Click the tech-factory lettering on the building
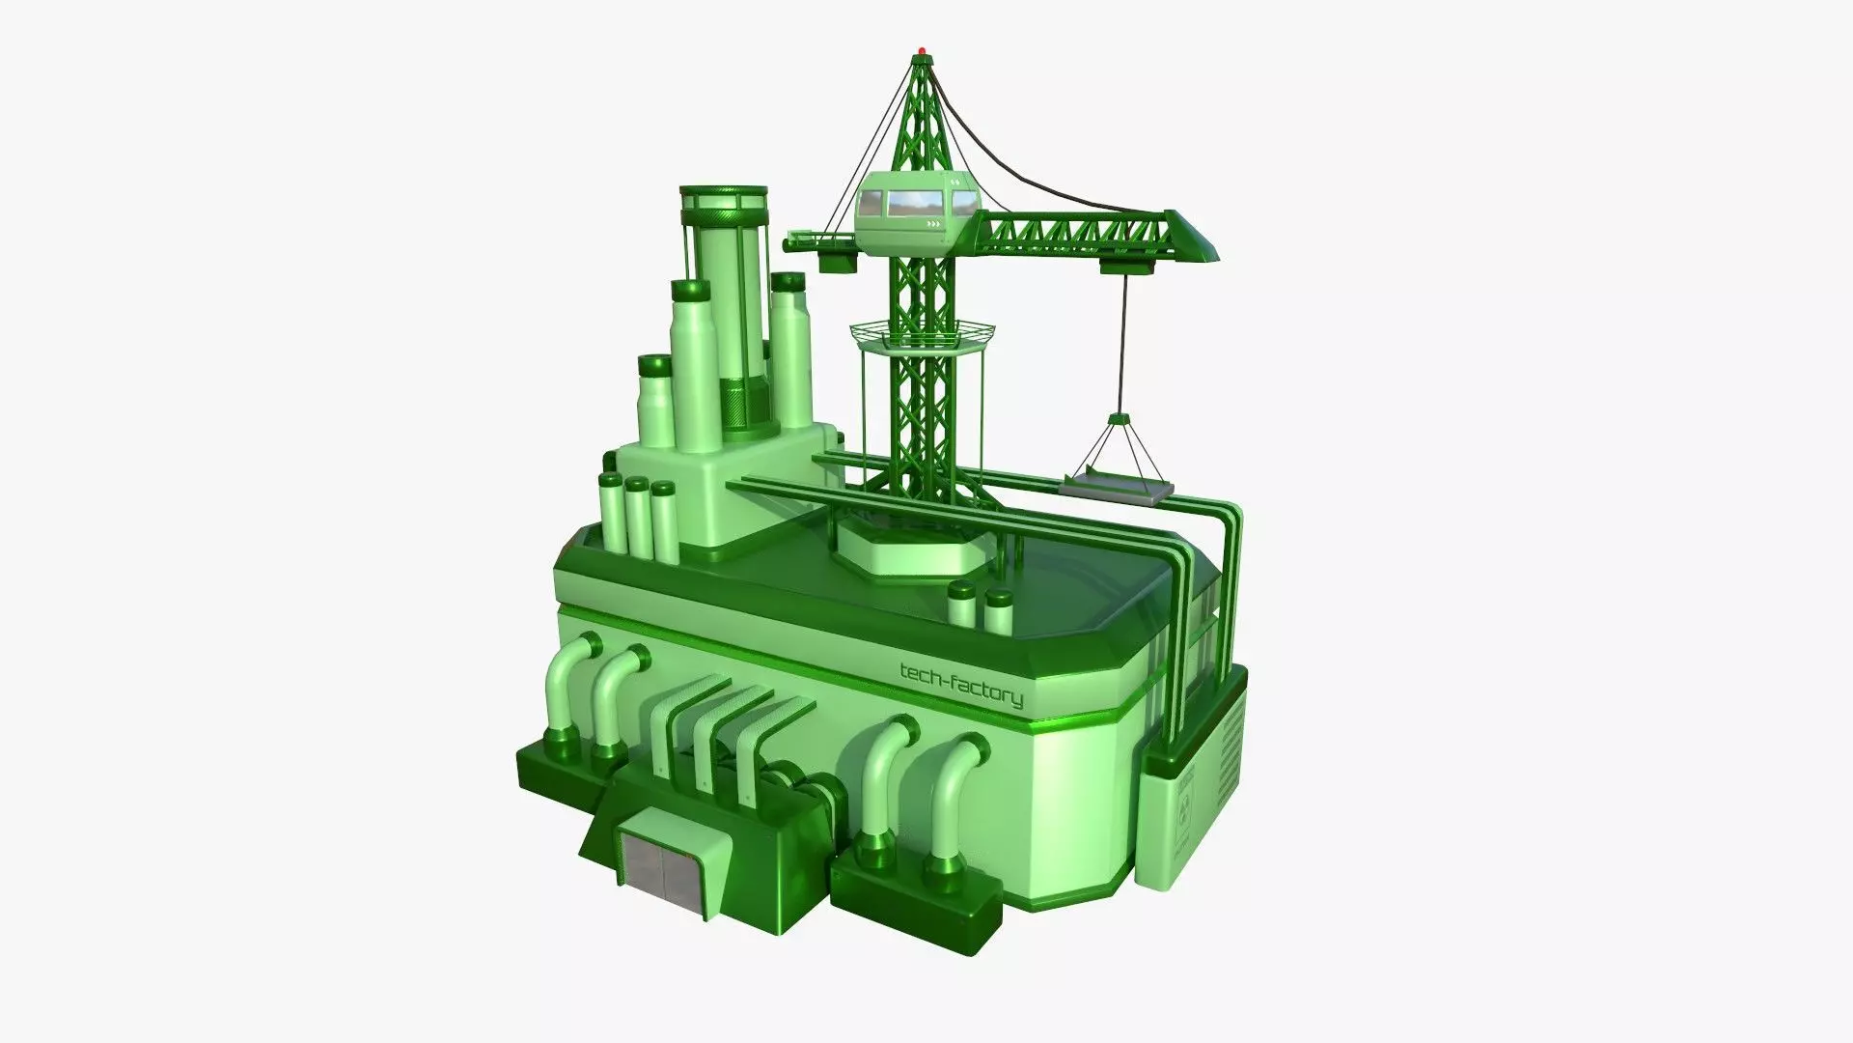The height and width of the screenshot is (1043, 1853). click(960, 683)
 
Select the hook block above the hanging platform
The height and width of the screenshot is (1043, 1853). click(1120, 420)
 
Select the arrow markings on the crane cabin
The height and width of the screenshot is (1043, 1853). click(933, 225)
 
